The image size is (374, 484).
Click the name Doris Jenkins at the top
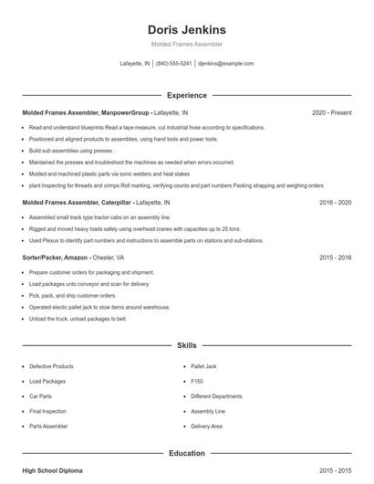[186, 29]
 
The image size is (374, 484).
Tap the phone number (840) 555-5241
[173, 64]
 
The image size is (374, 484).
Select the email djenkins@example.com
[225, 64]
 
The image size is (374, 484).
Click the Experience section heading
[186, 95]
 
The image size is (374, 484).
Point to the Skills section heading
[186, 347]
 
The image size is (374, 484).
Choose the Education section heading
[186, 453]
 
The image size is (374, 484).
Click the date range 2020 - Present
[331, 112]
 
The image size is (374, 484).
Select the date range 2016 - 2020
[335, 202]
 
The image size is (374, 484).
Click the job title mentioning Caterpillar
[77, 202]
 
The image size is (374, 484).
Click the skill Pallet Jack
[204, 366]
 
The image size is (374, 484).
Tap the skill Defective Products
[51, 366]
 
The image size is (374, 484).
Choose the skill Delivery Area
[207, 426]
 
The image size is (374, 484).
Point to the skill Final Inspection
[47, 411]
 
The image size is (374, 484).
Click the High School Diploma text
[52, 470]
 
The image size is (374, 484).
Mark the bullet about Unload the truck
[78, 319]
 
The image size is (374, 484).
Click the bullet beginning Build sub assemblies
[71, 151]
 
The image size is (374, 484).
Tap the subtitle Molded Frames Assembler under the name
[186, 44]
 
